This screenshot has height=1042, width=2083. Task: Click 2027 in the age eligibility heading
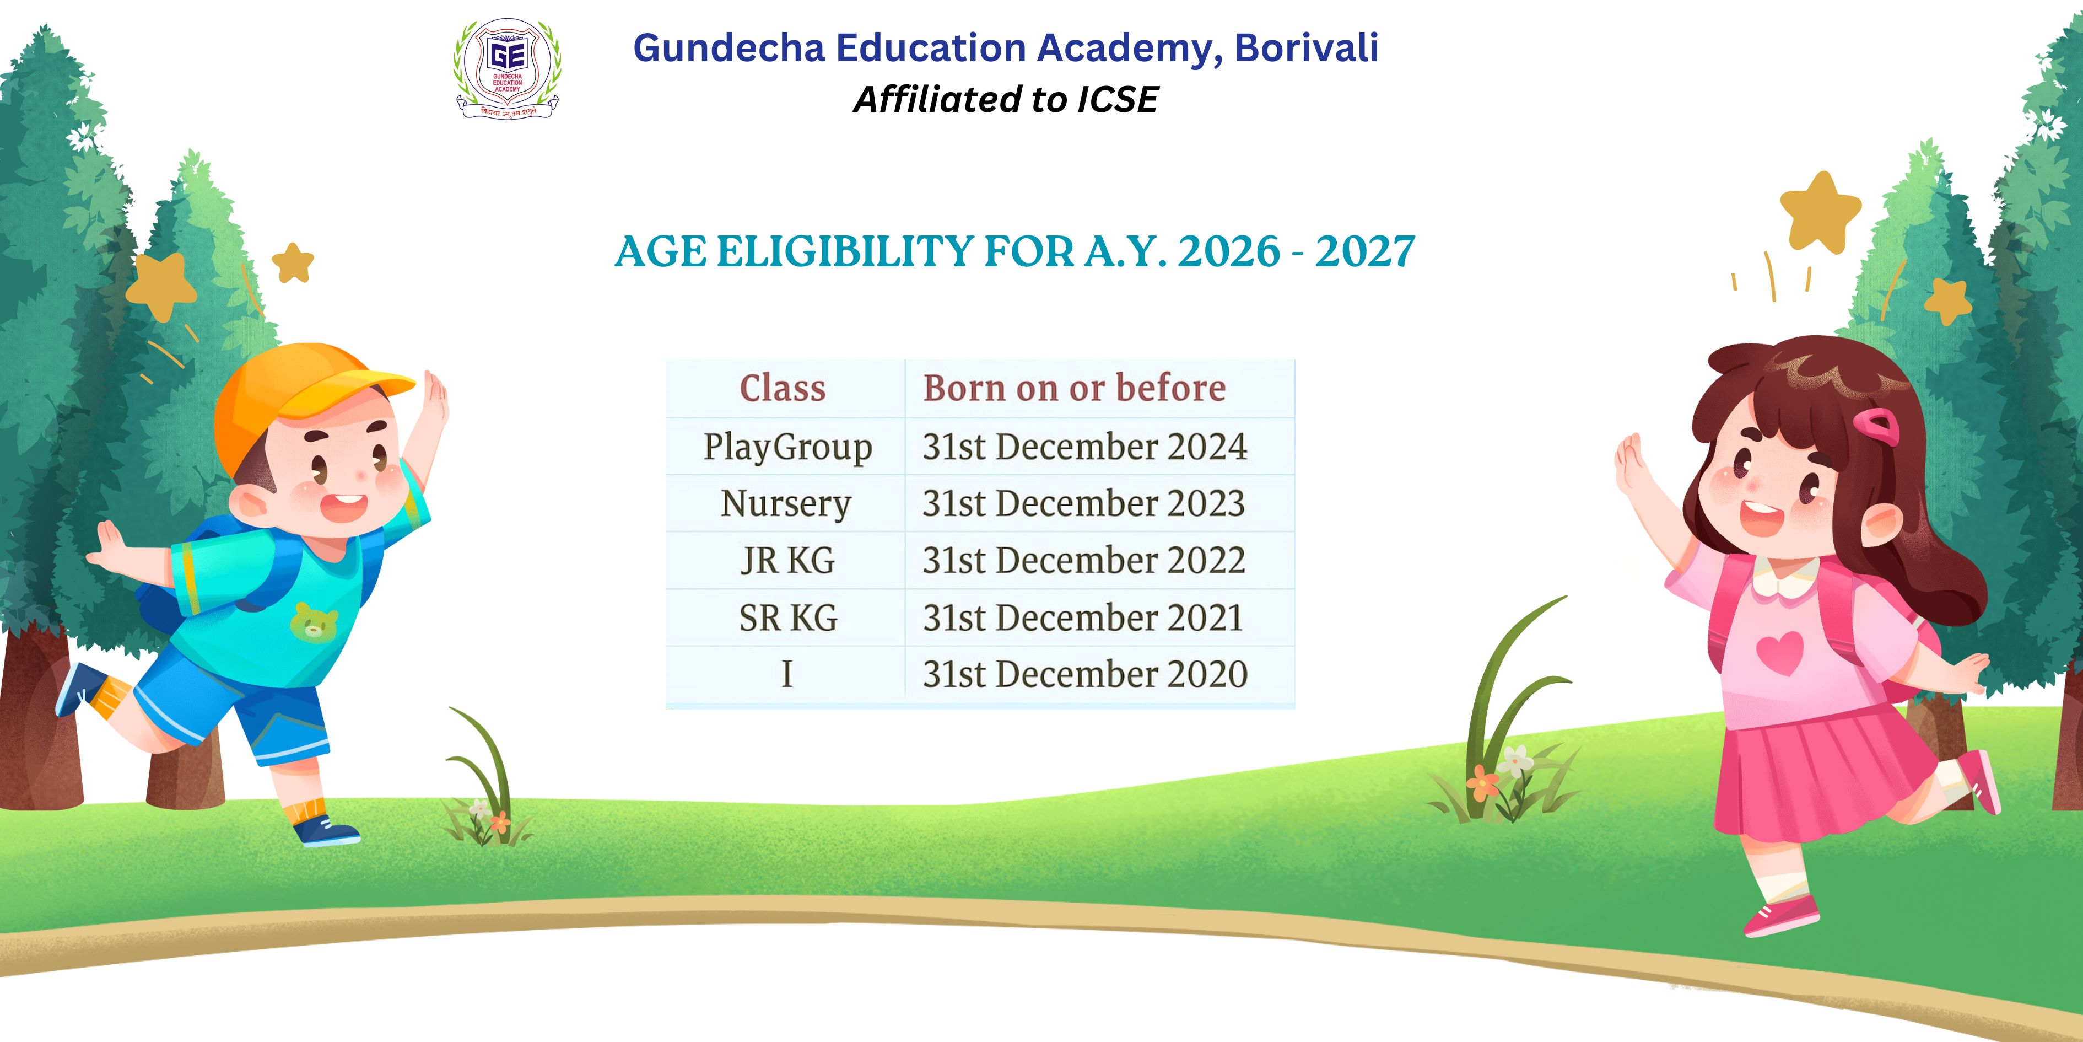[x=1365, y=251]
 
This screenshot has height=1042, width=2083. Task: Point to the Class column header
[x=783, y=388]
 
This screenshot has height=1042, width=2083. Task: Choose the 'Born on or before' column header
[x=1075, y=388]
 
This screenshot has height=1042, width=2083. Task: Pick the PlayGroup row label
[x=787, y=447]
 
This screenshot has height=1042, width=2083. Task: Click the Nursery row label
[x=786, y=504]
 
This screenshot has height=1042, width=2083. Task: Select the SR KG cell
[x=787, y=618]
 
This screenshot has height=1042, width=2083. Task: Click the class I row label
[x=787, y=674]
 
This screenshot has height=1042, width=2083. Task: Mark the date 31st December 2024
[x=1085, y=447]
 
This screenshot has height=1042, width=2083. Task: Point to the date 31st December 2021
[x=1083, y=618]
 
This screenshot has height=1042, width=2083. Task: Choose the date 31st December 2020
[x=1085, y=674]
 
